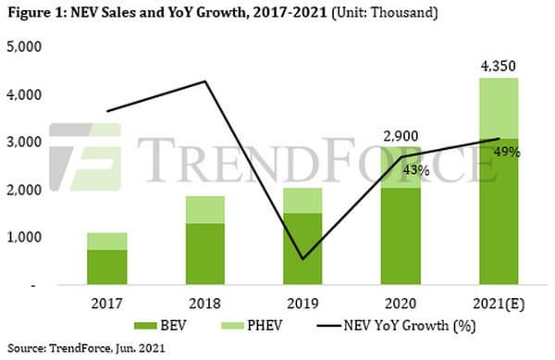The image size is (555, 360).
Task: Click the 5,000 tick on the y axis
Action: [x=24, y=46]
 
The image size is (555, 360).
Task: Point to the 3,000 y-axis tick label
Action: [x=24, y=142]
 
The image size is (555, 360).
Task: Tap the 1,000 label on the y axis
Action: [x=24, y=238]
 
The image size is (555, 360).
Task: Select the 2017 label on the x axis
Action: [x=106, y=304]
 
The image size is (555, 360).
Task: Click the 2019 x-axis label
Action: [x=302, y=304]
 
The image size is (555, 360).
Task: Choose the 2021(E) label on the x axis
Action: [x=499, y=304]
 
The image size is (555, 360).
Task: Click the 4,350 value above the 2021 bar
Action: [x=498, y=67]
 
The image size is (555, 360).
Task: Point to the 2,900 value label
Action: [x=401, y=136]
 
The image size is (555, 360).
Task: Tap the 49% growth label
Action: [x=507, y=152]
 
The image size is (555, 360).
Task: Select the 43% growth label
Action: [x=416, y=170]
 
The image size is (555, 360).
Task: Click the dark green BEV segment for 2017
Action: [x=107, y=267]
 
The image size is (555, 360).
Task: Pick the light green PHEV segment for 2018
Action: [x=205, y=210]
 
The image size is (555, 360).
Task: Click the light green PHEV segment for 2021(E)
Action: [x=499, y=108]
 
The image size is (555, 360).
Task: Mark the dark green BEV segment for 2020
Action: [x=401, y=237]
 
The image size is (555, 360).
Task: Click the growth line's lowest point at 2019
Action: [x=302, y=259]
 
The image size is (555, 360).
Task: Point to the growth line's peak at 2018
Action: [x=205, y=81]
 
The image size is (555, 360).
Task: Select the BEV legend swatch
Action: [x=145, y=326]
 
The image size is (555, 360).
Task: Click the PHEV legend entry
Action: [x=252, y=326]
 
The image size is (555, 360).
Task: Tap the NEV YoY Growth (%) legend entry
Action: [x=396, y=326]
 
